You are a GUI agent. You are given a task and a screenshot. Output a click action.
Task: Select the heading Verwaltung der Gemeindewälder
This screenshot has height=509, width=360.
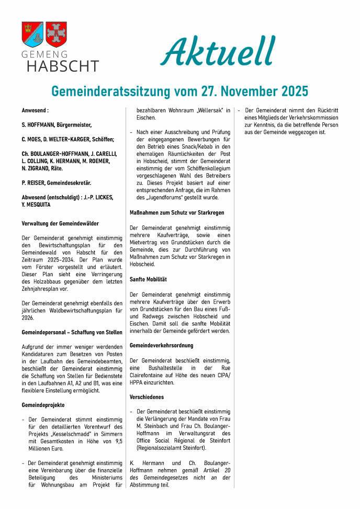(x=60, y=223)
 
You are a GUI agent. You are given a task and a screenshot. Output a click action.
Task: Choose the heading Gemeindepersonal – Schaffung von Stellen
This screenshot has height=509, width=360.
(x=72, y=332)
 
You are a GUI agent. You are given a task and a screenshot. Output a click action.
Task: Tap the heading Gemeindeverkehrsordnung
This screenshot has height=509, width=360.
(x=161, y=345)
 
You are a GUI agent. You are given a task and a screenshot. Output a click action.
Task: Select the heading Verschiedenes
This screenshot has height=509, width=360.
(x=147, y=397)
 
